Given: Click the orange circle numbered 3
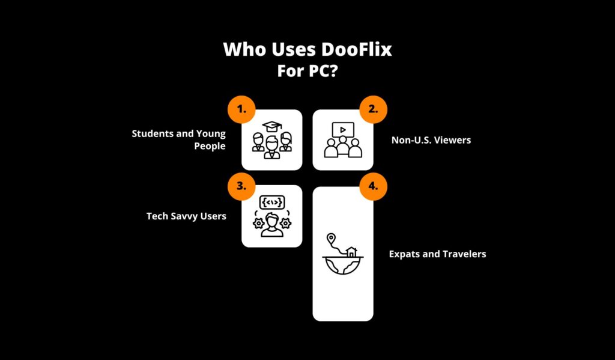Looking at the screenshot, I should [241, 186].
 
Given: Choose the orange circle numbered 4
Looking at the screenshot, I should [373, 186].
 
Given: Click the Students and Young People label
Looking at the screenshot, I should [179, 139].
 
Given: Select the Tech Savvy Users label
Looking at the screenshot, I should [186, 215].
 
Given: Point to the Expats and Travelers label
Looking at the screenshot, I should [437, 254].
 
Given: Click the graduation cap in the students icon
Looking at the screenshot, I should [271, 127].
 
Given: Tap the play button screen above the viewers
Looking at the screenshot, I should [343, 129].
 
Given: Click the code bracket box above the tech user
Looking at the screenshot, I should [271, 202].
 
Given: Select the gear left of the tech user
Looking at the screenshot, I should [257, 222].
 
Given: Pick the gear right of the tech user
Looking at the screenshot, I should [286, 222].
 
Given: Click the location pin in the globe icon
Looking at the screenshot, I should [330, 239].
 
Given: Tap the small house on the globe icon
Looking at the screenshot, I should [351, 251].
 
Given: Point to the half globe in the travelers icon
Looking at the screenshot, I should [343, 265].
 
